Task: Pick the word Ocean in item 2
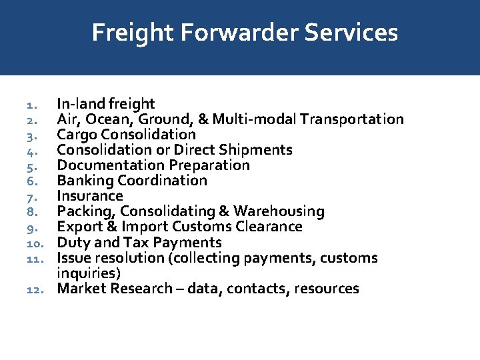click(x=105, y=119)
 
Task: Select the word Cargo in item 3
click(x=75, y=135)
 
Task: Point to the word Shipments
click(x=257, y=150)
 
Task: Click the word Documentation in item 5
click(x=111, y=165)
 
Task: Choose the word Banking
click(x=85, y=181)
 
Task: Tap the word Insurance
click(x=90, y=196)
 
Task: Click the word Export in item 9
click(x=77, y=227)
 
